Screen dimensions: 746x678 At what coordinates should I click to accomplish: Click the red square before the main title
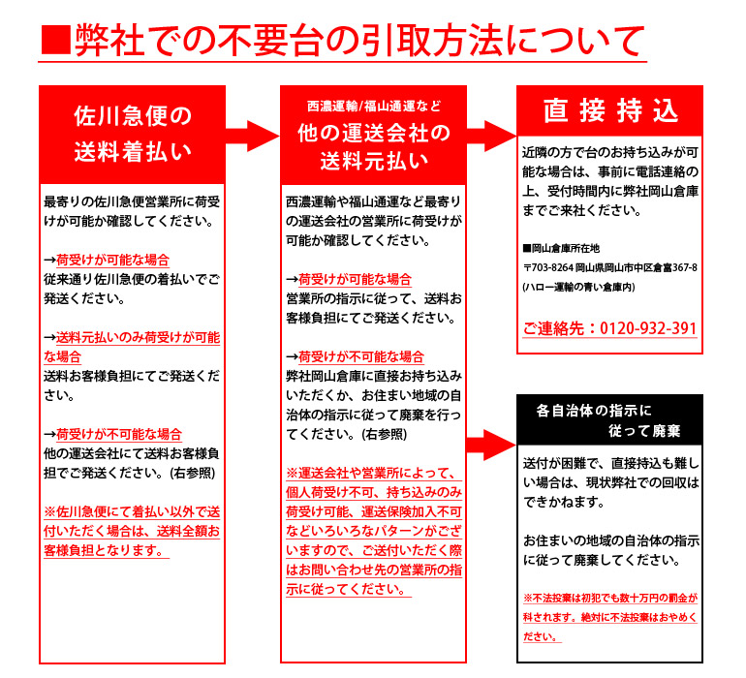click(56, 41)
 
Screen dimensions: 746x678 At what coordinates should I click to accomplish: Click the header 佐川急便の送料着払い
click(133, 135)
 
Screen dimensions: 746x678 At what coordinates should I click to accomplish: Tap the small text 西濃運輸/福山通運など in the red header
click(374, 107)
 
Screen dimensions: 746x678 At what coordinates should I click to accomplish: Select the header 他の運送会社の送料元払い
click(374, 147)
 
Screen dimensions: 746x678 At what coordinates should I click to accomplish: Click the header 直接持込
click(610, 110)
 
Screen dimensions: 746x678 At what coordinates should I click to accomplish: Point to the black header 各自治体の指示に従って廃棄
click(608, 420)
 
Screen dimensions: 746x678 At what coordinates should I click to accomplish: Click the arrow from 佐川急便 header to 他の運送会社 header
click(253, 136)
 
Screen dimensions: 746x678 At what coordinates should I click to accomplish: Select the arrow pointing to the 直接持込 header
click(491, 136)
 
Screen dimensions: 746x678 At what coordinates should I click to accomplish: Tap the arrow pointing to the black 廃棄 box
click(491, 445)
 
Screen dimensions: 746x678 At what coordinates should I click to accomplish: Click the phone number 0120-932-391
click(648, 328)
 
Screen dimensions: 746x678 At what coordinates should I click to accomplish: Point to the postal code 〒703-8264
click(548, 268)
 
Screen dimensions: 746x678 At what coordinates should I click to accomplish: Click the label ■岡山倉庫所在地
click(561, 248)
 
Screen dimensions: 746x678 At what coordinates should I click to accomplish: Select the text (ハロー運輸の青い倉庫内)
click(578, 287)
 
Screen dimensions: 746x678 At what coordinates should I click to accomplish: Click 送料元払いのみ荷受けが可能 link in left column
click(132, 348)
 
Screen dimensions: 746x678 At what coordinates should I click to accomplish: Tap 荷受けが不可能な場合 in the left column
click(119, 434)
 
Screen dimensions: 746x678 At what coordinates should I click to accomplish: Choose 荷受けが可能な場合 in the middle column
click(355, 279)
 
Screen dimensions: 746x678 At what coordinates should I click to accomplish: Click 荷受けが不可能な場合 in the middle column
click(361, 356)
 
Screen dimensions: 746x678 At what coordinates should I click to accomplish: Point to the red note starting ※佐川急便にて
click(132, 532)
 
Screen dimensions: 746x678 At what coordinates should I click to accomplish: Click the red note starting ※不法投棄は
click(610, 617)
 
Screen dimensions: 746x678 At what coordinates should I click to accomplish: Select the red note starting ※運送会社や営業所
click(374, 532)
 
